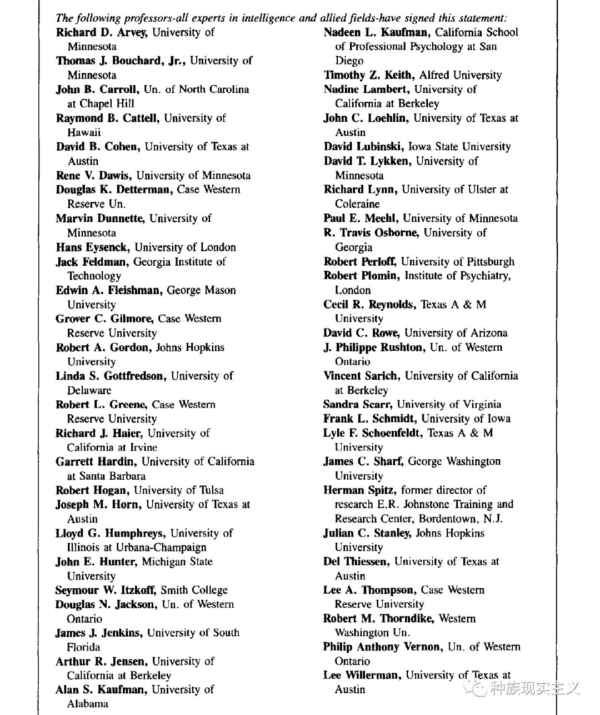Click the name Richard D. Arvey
pos(102,32)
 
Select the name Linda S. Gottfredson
pos(111,376)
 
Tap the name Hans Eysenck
pos(91,247)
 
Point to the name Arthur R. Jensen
pos(101,662)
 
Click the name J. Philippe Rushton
pos(373,347)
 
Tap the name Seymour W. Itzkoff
pos(106,590)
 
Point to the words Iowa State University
pos(459,147)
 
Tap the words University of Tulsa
pos(179,490)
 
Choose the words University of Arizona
pos(456,333)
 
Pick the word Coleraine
pos(357,204)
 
